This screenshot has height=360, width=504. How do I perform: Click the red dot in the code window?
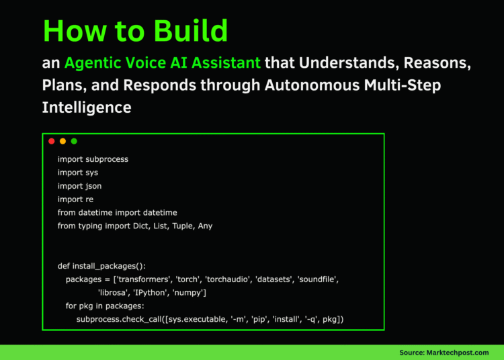pyautogui.click(x=52, y=141)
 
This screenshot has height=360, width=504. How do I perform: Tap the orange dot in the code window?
pyautogui.click(x=62, y=141)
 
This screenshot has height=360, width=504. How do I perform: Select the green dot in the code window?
pyautogui.click(x=74, y=141)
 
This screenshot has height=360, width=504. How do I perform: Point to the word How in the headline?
pyautogui.click(x=73, y=31)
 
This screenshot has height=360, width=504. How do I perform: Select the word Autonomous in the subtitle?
pyautogui.click(x=314, y=85)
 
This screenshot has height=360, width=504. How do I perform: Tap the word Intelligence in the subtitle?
pyautogui.click(x=87, y=107)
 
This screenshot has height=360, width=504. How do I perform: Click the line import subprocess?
pyautogui.click(x=93, y=159)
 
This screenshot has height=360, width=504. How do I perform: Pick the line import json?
pyautogui.click(x=79, y=186)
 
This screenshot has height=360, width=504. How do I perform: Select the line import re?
pyautogui.click(x=75, y=199)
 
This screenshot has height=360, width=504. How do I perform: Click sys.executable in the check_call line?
pyautogui.click(x=191, y=319)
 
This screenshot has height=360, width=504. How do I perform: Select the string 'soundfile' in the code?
pyautogui.click(x=318, y=279)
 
